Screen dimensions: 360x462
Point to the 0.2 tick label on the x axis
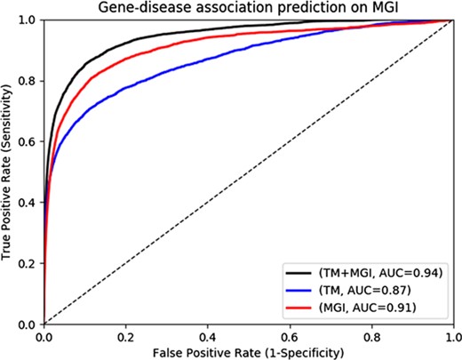(x=125, y=336)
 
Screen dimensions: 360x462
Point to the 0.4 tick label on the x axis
(x=208, y=336)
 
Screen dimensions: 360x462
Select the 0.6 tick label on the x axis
(x=290, y=336)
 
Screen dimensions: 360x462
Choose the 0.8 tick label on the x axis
(x=372, y=336)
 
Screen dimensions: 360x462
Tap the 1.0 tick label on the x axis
(x=452, y=336)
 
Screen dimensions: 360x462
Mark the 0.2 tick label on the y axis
(x=28, y=264)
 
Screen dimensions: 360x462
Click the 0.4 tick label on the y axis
(x=28, y=203)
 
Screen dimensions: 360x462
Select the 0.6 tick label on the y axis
(x=28, y=141)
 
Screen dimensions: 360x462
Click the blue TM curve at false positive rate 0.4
(x=208, y=60)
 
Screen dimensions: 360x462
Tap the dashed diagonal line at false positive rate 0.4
(x=208, y=203)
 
